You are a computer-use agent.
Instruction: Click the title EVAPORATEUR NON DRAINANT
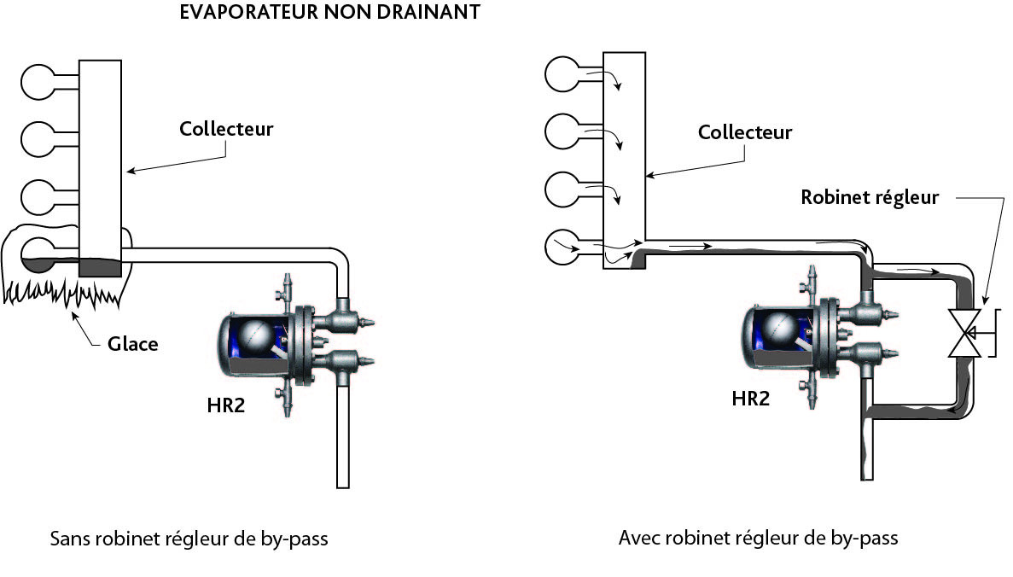coord(330,15)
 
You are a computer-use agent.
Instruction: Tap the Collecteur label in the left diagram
coord(226,129)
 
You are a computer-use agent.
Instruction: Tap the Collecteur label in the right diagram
coord(744,132)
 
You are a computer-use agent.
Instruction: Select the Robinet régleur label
coord(870,197)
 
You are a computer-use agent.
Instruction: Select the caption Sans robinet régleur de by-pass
coord(189,539)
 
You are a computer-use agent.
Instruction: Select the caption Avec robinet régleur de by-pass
coord(758,539)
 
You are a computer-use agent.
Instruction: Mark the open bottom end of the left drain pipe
coord(343,482)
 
